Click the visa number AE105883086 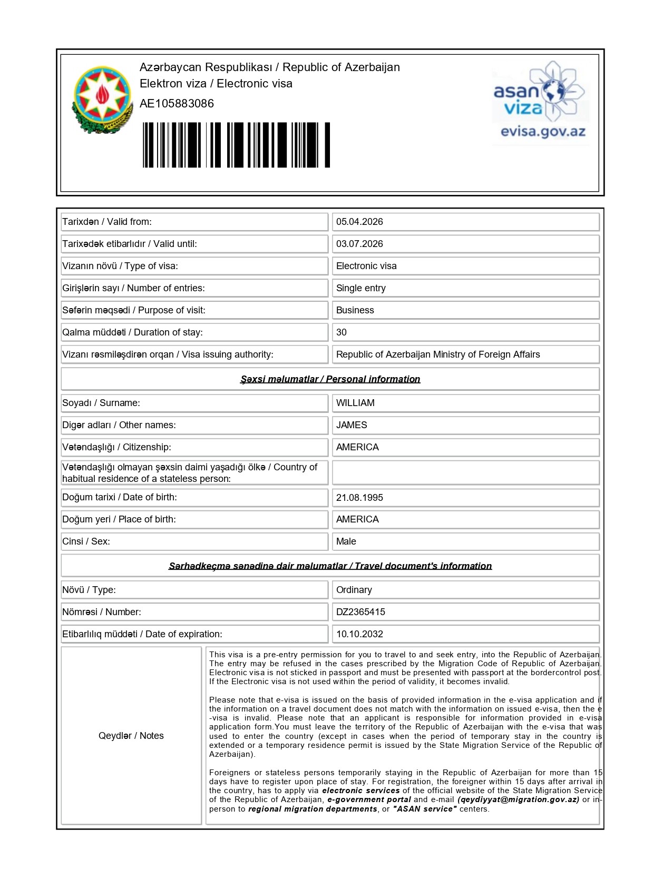[177, 103]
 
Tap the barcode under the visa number [236, 145]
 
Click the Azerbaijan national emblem [102, 100]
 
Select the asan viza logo [540, 92]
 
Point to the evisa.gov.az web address [543, 132]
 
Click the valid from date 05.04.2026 [359, 222]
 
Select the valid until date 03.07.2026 [359, 244]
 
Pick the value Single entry [361, 288]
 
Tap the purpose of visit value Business [355, 310]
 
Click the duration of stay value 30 [342, 332]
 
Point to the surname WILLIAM [355, 403]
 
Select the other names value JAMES [352, 425]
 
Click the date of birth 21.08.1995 [359, 498]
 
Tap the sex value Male [346, 541]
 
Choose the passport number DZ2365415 [361, 612]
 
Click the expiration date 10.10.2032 [359, 634]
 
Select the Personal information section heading [330, 379]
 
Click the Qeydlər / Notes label [131, 736]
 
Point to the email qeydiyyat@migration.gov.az [519, 799]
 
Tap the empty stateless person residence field [465, 473]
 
